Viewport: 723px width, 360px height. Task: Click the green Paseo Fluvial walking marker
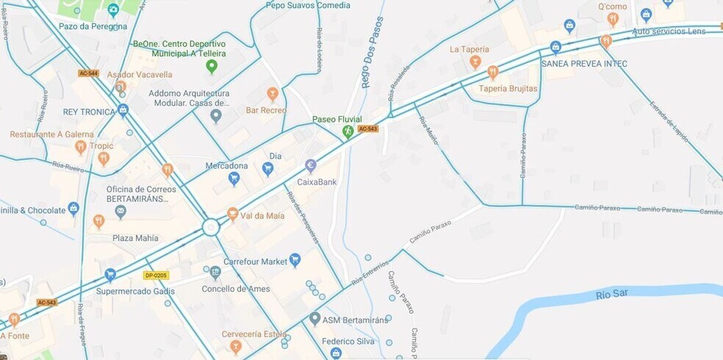348,132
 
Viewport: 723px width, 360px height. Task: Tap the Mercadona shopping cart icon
234,178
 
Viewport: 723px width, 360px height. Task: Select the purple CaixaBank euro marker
311,166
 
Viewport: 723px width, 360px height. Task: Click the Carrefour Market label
254,261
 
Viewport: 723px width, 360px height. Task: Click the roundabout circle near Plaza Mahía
212,226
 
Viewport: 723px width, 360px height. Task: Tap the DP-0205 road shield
156,276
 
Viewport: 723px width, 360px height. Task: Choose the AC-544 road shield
88,73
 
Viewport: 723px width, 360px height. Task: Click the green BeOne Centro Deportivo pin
212,68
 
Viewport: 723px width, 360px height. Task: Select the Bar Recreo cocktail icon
273,94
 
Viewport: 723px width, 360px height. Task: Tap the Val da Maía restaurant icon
233,214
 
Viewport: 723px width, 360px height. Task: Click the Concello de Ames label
236,289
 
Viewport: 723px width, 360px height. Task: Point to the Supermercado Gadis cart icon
110,275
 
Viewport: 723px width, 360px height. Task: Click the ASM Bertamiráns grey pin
315,318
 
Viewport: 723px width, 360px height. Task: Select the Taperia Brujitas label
508,89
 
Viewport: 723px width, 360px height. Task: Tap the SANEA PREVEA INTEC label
584,64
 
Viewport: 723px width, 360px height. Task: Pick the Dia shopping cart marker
267,169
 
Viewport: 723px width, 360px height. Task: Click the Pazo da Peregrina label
93,26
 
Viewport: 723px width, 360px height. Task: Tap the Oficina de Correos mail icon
120,212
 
